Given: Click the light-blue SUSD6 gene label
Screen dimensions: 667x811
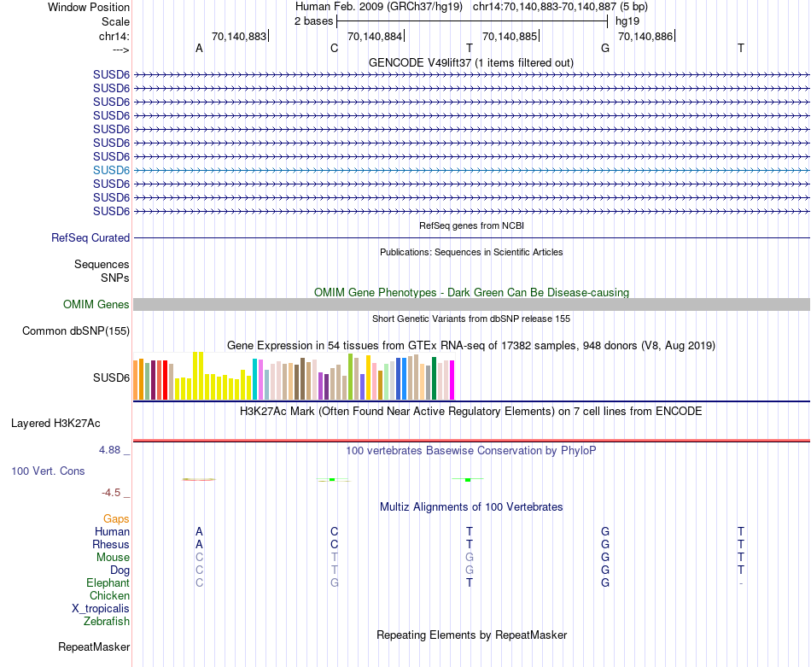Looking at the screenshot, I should click(111, 170).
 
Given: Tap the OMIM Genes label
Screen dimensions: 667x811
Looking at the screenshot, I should click(96, 305).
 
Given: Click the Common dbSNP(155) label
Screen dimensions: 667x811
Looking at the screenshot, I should click(76, 331).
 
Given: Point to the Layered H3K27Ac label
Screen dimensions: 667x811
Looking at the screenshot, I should click(55, 423).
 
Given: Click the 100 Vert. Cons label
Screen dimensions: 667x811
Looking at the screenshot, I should click(48, 471).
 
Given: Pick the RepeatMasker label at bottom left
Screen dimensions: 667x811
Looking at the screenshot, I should click(94, 647).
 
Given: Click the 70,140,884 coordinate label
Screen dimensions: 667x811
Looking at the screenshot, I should click(374, 37).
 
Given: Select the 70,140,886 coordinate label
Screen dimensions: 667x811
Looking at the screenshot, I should click(645, 37).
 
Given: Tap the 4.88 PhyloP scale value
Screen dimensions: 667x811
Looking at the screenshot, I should click(113, 450).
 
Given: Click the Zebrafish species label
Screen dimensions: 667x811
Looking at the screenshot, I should click(107, 622).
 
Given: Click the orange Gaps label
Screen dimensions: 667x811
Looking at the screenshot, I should click(116, 519).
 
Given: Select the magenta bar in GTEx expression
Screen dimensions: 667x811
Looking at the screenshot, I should click(452, 379).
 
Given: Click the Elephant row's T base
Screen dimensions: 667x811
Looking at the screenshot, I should click(470, 583).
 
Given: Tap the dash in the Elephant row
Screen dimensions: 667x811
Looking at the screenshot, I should click(741, 583).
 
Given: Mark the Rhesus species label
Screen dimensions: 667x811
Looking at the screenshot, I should click(111, 545).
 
